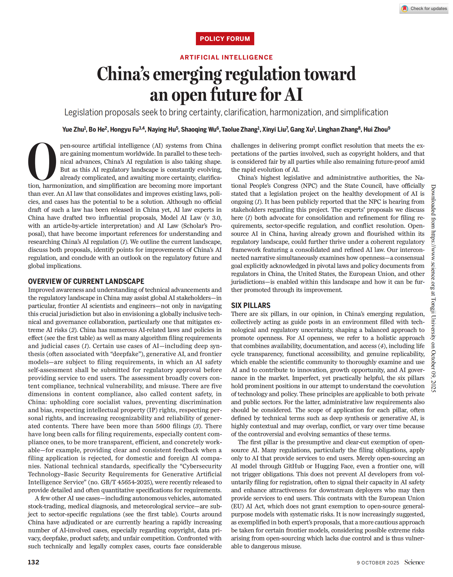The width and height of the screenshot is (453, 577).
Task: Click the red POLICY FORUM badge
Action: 225,39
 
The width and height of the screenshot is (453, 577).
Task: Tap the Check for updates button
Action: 424,9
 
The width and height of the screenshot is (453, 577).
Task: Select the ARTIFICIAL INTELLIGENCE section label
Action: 226,57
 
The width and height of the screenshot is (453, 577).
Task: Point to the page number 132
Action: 33,562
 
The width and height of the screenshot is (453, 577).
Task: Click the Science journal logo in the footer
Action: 414,562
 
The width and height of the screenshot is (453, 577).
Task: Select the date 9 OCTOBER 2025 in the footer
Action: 378,563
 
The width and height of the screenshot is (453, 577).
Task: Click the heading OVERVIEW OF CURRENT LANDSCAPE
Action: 86,281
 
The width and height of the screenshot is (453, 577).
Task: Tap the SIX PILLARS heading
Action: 251,305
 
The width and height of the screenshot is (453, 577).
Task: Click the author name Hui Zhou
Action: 375,129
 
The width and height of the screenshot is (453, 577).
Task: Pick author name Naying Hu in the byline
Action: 162,129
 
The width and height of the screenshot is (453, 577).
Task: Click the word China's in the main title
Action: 123,74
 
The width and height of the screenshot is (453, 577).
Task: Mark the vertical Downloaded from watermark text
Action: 433,288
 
